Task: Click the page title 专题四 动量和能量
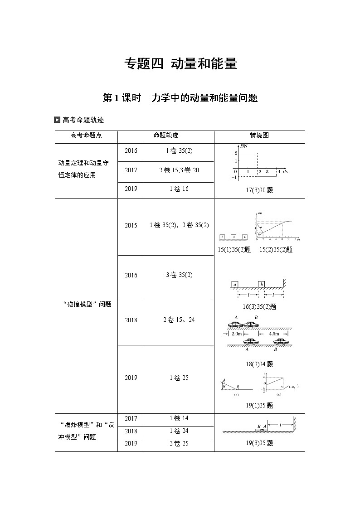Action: click(x=181, y=64)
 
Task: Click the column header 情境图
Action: click(x=259, y=136)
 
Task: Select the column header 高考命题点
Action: click(x=86, y=136)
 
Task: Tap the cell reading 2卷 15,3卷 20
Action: click(x=179, y=170)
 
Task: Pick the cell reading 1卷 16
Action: click(x=179, y=189)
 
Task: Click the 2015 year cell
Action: click(x=131, y=225)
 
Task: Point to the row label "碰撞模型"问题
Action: click(x=86, y=304)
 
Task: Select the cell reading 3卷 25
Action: click(x=179, y=444)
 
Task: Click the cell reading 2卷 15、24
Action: click(x=179, y=320)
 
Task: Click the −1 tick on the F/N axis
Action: click(x=234, y=178)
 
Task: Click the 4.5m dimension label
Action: click(x=274, y=334)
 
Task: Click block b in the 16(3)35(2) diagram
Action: click(x=261, y=284)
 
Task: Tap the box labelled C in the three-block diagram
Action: click(x=245, y=237)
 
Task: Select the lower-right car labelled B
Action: click(x=280, y=342)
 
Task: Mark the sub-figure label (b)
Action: click(x=278, y=395)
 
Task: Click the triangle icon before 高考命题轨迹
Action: click(x=57, y=120)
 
